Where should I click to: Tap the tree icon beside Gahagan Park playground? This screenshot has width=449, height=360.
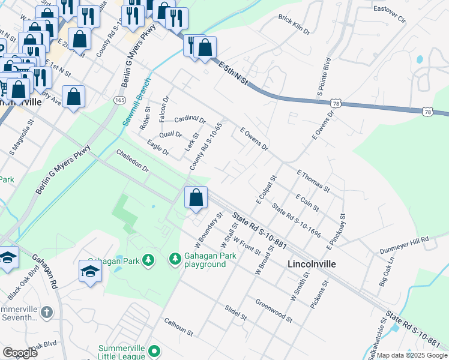click(x=175, y=259)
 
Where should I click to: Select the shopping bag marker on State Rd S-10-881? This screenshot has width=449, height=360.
click(x=196, y=197)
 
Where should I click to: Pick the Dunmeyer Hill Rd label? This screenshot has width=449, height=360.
click(x=404, y=244)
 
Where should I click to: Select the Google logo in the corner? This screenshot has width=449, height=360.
click(x=20, y=352)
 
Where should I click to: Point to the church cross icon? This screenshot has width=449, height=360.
click(x=47, y=312)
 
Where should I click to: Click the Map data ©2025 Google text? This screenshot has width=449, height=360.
click(x=411, y=355)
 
